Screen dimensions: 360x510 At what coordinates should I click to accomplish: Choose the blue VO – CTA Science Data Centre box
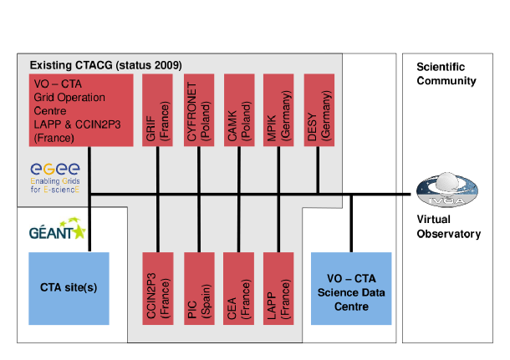[x=350, y=287]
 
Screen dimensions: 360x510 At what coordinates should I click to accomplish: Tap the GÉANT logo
[x=57, y=231]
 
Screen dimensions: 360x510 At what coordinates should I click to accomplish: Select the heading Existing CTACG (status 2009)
[x=105, y=65]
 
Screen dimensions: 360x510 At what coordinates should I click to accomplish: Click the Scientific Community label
[x=447, y=74]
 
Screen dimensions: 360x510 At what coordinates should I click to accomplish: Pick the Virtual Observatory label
[x=448, y=226]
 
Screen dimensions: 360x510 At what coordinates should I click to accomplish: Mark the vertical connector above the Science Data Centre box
[x=352, y=222]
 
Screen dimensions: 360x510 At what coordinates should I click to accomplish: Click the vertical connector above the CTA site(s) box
[x=89, y=224]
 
